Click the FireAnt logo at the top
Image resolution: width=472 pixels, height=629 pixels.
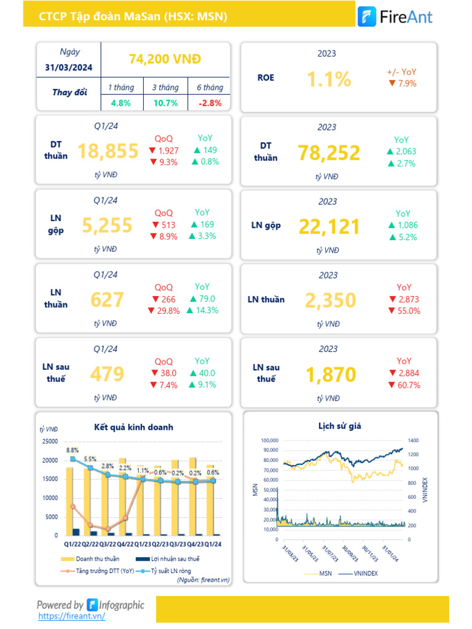click(x=395, y=17)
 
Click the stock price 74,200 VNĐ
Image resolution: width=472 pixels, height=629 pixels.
click(x=165, y=59)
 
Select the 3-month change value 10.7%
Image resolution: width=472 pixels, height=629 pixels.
click(x=165, y=103)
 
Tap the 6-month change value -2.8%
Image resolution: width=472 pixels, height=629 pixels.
click(x=210, y=103)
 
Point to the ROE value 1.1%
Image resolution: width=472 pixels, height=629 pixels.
click(x=329, y=79)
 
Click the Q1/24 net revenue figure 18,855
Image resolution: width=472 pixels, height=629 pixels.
click(x=108, y=151)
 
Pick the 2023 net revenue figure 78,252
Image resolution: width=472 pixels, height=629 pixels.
click(x=329, y=153)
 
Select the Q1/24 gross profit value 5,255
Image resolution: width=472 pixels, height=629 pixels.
click(x=107, y=225)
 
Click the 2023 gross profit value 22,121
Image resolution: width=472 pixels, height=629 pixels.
click(x=329, y=227)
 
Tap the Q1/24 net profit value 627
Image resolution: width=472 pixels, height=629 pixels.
click(x=107, y=300)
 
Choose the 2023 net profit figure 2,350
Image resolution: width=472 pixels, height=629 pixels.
click(x=330, y=300)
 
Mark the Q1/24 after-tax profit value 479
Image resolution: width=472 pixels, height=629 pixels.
click(x=107, y=374)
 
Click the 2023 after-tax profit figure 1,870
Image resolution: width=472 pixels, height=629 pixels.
click(x=330, y=375)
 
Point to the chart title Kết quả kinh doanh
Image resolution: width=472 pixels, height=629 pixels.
click(x=133, y=427)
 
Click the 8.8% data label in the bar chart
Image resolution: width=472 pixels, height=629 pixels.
click(x=73, y=450)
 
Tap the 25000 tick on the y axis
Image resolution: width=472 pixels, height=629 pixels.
click(x=49, y=441)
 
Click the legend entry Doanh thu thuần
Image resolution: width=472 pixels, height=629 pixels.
click(x=97, y=559)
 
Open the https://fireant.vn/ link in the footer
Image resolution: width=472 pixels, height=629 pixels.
click(x=71, y=615)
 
